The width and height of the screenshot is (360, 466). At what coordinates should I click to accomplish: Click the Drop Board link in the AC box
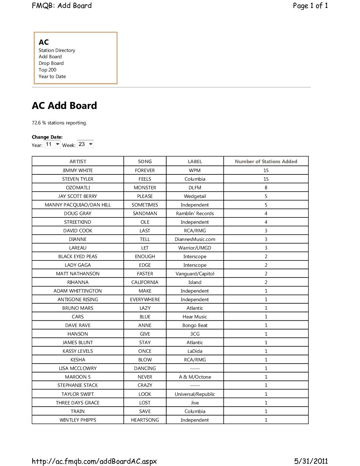pyautogui.click(x=51, y=63)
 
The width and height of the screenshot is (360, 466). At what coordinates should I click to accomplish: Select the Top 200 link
pyautogui.click(x=47, y=70)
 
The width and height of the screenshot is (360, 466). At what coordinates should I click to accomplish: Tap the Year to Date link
pyautogui.click(x=52, y=76)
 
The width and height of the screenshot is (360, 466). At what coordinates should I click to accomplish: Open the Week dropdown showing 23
pyautogui.click(x=86, y=144)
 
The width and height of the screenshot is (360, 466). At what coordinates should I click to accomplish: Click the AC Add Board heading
pyautogui.click(x=64, y=106)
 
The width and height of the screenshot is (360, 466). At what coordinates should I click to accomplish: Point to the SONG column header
pyautogui.click(x=145, y=162)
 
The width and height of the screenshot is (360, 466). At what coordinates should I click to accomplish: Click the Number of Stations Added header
pyautogui.click(x=266, y=162)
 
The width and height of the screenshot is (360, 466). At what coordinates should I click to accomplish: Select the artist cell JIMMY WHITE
pyautogui.click(x=78, y=170)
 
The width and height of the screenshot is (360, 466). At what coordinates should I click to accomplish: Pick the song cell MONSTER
pyautogui.click(x=145, y=188)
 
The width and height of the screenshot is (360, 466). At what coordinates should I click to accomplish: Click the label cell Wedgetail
pyautogui.click(x=195, y=196)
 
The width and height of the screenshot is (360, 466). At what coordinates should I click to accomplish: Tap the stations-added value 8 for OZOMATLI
pyautogui.click(x=266, y=188)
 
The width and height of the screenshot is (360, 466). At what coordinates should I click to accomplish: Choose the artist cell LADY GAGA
pyautogui.click(x=78, y=265)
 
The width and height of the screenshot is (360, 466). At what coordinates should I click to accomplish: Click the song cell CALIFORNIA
pyautogui.click(x=145, y=282)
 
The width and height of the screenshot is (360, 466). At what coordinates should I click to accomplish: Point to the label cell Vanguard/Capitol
pyautogui.click(x=195, y=274)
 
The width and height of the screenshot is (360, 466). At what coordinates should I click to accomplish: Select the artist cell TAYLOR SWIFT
pyautogui.click(x=78, y=394)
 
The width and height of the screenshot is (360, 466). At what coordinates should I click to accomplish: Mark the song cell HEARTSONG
pyautogui.click(x=145, y=420)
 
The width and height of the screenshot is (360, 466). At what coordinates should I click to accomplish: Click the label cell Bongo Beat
pyautogui.click(x=195, y=325)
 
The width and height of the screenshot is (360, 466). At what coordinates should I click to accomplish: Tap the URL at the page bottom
pyautogui.click(x=94, y=461)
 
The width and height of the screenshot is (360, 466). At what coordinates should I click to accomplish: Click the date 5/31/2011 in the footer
pyautogui.click(x=311, y=461)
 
